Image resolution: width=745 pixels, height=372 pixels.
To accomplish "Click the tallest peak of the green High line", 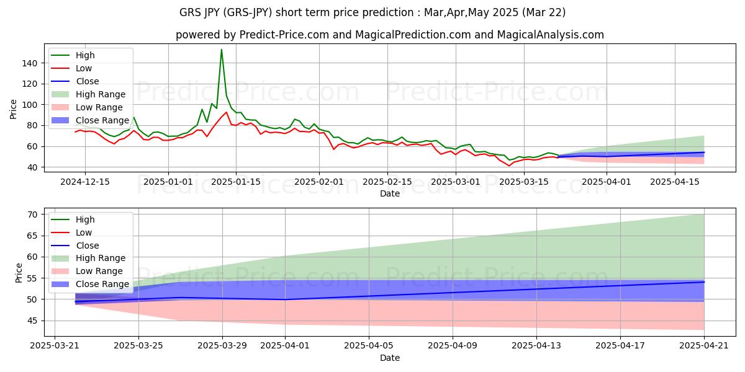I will pyautogui.click(x=222, y=50).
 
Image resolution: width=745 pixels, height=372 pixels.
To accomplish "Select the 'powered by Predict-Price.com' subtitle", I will pyautogui.click(x=389, y=35).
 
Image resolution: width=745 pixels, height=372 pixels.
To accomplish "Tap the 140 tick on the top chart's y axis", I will pyautogui.click(x=32, y=63).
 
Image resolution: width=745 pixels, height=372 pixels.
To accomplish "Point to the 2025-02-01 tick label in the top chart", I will pyautogui.click(x=319, y=182).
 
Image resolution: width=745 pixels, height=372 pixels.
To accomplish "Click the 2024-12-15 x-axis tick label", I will pyautogui.click(x=85, y=182).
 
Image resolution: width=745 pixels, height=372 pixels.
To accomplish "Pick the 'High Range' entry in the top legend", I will pyautogui.click(x=101, y=94).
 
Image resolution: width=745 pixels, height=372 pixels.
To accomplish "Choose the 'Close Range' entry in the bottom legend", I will pyautogui.click(x=102, y=284).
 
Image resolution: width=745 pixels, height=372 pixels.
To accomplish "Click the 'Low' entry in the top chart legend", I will pyautogui.click(x=85, y=68).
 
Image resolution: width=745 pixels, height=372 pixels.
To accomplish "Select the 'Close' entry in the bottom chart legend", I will pyautogui.click(x=87, y=246).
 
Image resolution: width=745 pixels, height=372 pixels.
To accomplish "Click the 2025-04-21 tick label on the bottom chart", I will pyautogui.click(x=704, y=346).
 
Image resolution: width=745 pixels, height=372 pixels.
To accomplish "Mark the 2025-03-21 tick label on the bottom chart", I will pyautogui.click(x=55, y=346).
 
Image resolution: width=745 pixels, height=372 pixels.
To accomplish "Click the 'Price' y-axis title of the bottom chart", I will pyautogui.click(x=19, y=273).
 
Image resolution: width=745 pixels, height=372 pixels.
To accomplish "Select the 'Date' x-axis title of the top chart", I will pyautogui.click(x=389, y=193).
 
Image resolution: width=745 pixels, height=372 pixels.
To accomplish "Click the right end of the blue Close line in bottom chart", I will pyautogui.click(x=704, y=282).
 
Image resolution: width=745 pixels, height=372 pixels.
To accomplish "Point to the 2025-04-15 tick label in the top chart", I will pyautogui.click(x=674, y=182).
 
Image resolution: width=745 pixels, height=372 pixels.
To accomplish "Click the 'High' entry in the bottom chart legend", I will pyautogui.click(x=84, y=219).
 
